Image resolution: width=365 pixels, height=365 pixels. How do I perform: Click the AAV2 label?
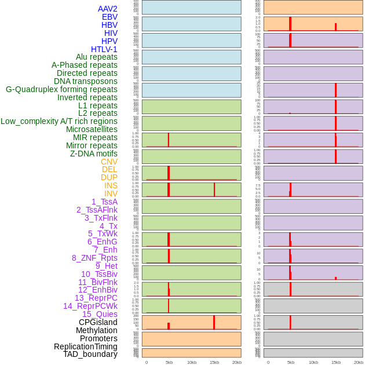107,9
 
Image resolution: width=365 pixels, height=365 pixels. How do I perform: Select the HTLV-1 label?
104,49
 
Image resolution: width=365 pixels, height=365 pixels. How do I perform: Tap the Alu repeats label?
97,57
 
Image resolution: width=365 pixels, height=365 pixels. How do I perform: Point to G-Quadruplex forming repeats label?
61,89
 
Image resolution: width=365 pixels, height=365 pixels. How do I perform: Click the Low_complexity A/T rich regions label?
59,121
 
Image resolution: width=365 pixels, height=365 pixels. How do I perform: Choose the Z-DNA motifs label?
94,154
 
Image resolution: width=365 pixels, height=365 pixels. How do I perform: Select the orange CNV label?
109,162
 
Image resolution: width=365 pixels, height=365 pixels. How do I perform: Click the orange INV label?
111,194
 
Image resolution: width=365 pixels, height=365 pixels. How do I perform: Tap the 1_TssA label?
104,202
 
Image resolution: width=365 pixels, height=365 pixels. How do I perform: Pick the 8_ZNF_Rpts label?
94,258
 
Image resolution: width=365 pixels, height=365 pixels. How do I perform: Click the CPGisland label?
98,322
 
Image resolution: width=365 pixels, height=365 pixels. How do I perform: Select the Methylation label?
97,330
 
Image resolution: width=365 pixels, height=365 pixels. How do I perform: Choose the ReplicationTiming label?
86,346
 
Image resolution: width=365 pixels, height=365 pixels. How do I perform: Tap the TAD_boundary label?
90,354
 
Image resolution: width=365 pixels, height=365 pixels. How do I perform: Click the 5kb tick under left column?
169,362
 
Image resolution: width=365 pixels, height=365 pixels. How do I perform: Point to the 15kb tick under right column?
336,362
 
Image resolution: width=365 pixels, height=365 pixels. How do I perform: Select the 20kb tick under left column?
237,362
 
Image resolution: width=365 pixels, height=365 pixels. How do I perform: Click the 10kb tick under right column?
313,362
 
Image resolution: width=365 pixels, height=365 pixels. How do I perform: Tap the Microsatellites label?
92,129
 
